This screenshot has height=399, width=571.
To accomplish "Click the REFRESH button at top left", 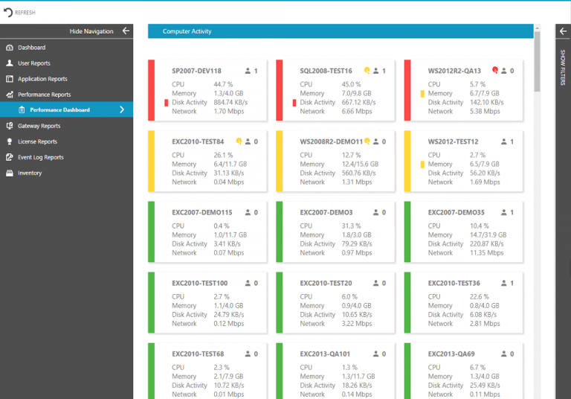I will [x=20, y=12].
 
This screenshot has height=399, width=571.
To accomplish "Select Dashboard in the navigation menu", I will [x=31, y=48].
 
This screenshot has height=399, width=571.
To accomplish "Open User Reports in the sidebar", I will [x=34, y=63].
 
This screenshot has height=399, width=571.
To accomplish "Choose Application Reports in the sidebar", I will [x=42, y=79].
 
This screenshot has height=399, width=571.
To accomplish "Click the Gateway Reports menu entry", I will [x=39, y=126].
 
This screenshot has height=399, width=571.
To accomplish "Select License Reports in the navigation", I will [x=37, y=141].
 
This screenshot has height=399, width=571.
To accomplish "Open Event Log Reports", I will [x=40, y=157].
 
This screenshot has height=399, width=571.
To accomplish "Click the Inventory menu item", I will [x=30, y=173].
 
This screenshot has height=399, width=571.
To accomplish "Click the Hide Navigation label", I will [x=91, y=31].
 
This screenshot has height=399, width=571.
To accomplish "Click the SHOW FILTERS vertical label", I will [x=562, y=67].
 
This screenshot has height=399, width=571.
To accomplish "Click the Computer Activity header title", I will [x=187, y=31].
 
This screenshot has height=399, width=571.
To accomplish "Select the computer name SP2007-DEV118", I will [x=196, y=71].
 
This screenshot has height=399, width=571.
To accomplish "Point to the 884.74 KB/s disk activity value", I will [x=230, y=103].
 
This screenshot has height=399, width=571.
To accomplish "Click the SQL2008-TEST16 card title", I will [x=326, y=71].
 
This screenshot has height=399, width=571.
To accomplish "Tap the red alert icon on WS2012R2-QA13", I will [x=495, y=70].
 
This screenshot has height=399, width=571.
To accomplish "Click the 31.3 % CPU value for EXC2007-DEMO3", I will [x=351, y=226].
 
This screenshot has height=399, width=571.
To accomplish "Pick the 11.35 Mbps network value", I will [x=487, y=253].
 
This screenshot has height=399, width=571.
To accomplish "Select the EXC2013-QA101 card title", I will [x=325, y=354].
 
